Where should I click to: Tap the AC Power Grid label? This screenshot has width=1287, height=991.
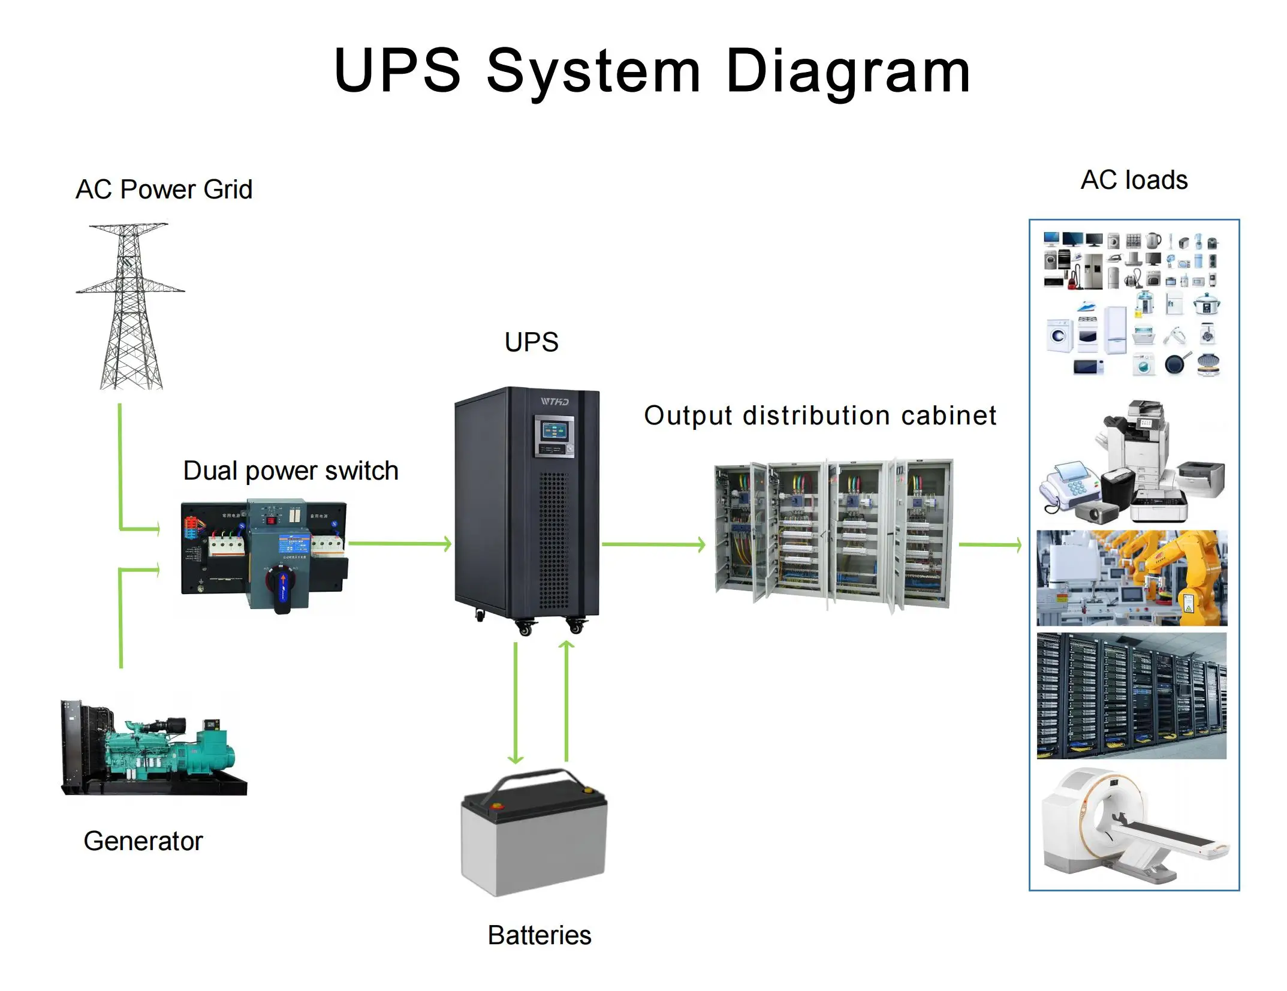[x=164, y=189]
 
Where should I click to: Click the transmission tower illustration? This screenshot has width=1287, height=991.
[x=131, y=306]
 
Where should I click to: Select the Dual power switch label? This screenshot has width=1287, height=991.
[x=291, y=471]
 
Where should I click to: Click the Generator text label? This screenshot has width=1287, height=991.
[x=143, y=841]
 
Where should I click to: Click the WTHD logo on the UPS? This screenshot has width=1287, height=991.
[x=554, y=402]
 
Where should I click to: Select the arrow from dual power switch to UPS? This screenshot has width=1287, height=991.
[x=399, y=544]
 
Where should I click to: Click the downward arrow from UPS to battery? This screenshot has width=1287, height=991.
[x=516, y=701]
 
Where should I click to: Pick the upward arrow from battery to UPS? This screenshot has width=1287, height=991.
[x=566, y=701]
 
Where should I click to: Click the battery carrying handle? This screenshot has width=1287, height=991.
[x=534, y=779]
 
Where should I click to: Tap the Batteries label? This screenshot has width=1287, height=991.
[x=539, y=935]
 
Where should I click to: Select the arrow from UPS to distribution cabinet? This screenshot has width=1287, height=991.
[x=653, y=544]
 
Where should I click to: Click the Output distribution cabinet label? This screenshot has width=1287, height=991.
[x=820, y=415]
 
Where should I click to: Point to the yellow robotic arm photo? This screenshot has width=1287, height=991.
[x=1132, y=577]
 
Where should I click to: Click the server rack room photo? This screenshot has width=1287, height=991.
[x=1132, y=695]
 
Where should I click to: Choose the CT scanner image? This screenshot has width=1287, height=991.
[x=1132, y=827]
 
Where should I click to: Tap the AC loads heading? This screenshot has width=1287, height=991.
[x=1134, y=180]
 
